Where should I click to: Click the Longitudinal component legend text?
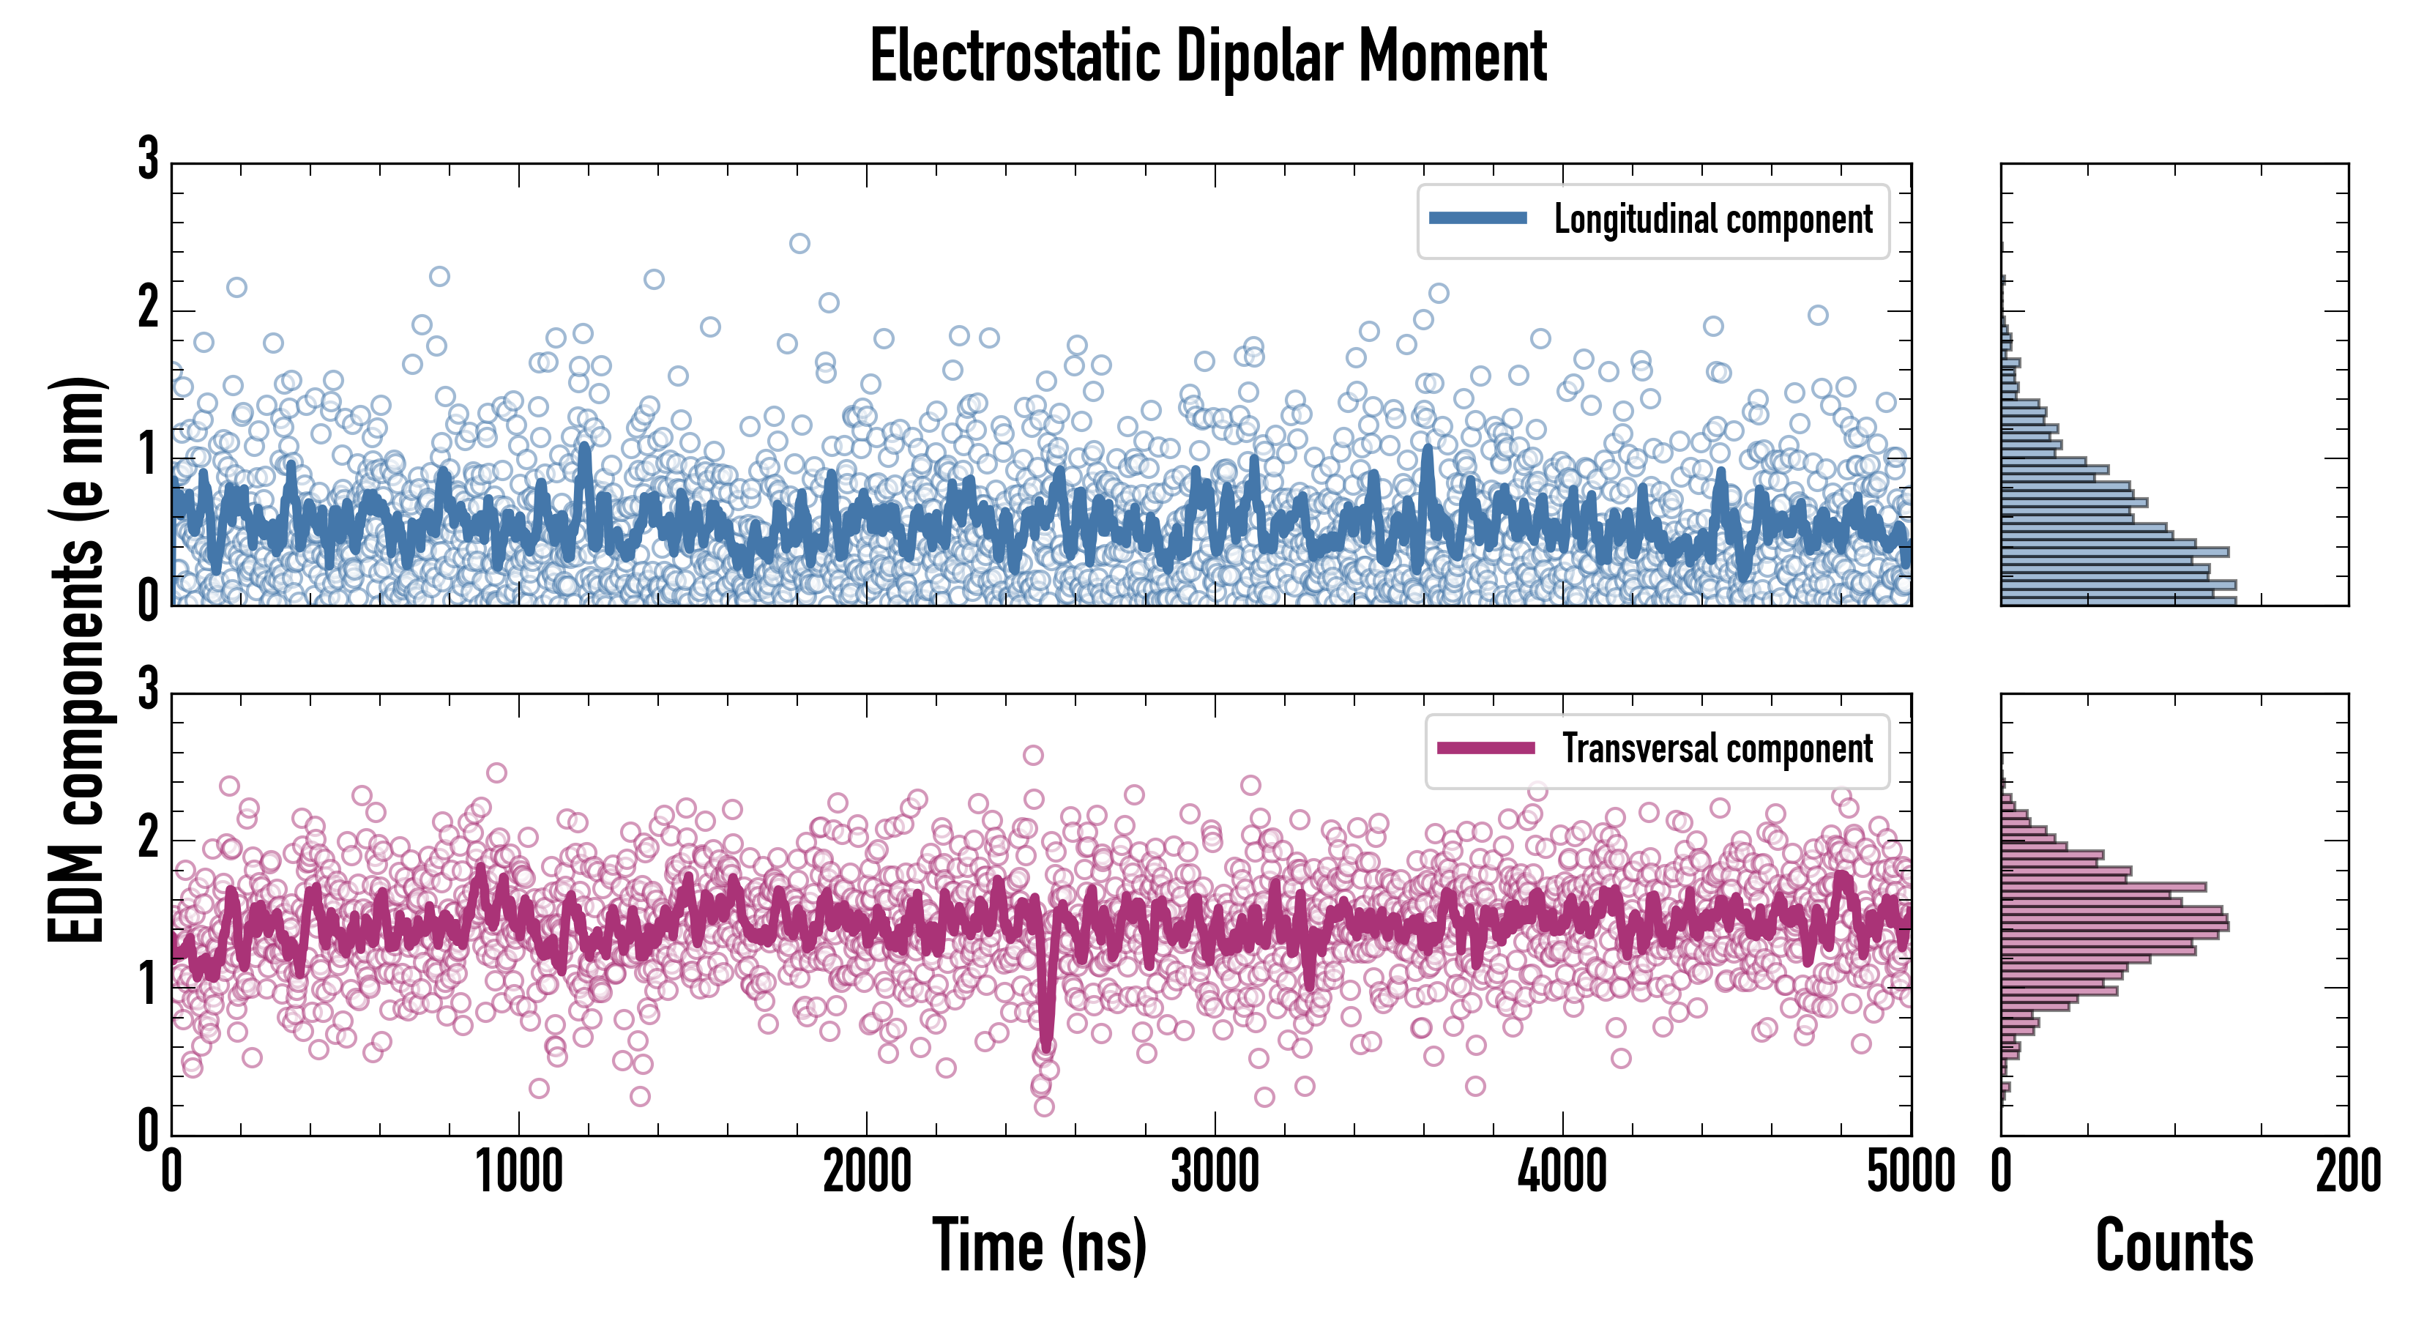pos(1712,220)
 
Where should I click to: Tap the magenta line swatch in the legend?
pos(1485,748)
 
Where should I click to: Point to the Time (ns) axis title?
pos(1039,1245)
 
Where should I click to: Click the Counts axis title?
pos(2174,1245)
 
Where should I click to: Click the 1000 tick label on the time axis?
pos(518,1172)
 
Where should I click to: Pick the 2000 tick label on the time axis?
pos(867,1172)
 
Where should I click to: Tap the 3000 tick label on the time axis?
pos(1215,1172)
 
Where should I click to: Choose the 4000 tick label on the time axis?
pos(1562,1172)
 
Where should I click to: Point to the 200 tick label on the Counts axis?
pos(2347,1172)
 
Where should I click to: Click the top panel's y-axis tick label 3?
pos(148,160)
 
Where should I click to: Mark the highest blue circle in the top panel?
pos(799,244)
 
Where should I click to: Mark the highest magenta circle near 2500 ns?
pos(1032,755)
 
